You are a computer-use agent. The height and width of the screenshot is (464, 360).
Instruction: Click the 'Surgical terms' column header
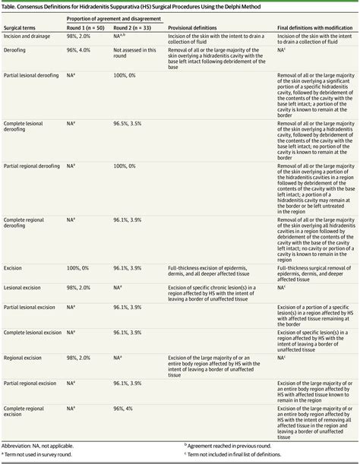tap(22, 27)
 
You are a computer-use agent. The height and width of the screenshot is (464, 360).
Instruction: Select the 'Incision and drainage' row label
tap(31, 36)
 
